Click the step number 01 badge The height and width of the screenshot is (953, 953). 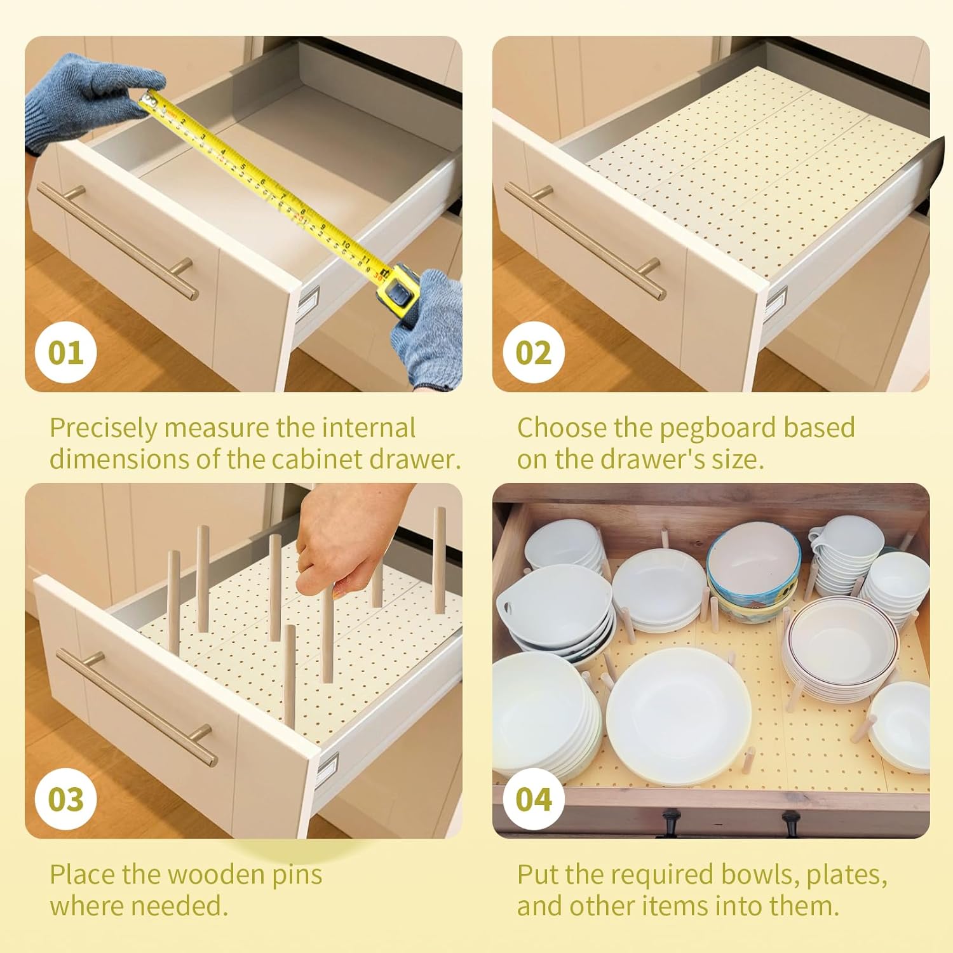(65, 353)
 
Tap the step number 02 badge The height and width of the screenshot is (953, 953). (534, 353)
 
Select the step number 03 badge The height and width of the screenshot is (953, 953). (65, 799)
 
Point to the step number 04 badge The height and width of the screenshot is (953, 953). (534, 799)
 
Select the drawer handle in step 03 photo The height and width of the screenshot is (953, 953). (137, 705)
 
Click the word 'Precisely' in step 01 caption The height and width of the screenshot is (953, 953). (104, 428)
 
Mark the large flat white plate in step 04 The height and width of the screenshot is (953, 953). (678, 715)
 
